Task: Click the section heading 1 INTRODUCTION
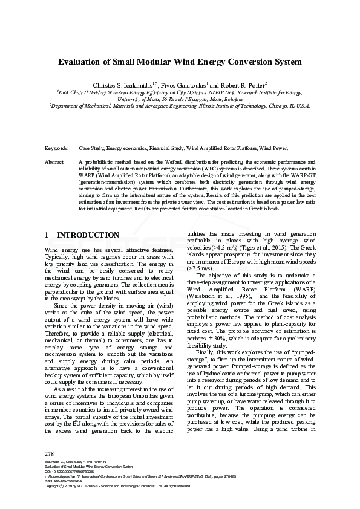[x=82, y=235]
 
